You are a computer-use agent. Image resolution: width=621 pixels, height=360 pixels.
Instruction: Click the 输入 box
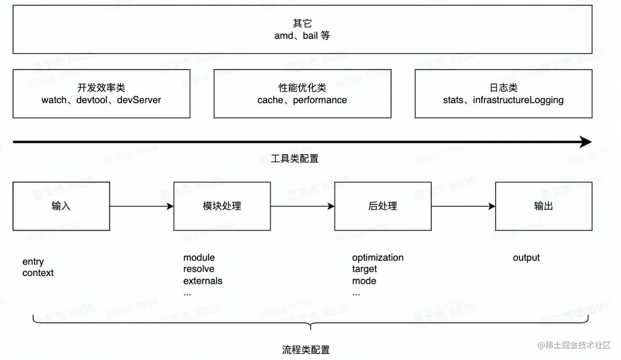[61, 206]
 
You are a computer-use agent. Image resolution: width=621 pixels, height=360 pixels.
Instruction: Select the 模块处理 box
[222, 206]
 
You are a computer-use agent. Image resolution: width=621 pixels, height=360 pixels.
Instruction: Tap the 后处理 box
[383, 206]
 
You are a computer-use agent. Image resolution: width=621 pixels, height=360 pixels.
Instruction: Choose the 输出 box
[543, 206]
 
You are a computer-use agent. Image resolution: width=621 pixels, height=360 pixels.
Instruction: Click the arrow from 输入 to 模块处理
[142, 206]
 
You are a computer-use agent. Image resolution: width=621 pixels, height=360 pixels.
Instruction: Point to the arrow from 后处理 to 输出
[463, 206]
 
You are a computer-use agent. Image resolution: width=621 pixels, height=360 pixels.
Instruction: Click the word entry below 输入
[33, 262]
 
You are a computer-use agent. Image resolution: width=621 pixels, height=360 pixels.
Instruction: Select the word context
[38, 273]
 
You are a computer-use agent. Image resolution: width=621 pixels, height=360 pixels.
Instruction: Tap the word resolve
[199, 269]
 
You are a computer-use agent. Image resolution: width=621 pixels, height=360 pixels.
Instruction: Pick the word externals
[203, 281]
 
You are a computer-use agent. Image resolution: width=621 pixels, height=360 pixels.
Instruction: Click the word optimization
[378, 258]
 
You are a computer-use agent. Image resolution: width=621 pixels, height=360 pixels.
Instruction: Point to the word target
[364, 269]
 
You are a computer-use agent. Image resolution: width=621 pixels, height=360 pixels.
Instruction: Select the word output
[526, 258]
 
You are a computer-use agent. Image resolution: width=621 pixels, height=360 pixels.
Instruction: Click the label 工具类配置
[295, 159]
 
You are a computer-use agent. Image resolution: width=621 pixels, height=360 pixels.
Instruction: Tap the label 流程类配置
[306, 350]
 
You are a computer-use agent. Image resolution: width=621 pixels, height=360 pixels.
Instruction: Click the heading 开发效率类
[101, 88]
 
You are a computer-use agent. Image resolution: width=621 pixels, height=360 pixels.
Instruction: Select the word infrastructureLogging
[518, 100]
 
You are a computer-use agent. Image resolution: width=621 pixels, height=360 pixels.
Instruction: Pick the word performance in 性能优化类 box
[320, 100]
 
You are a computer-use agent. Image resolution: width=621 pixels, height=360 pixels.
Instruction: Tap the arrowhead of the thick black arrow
[586, 142]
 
